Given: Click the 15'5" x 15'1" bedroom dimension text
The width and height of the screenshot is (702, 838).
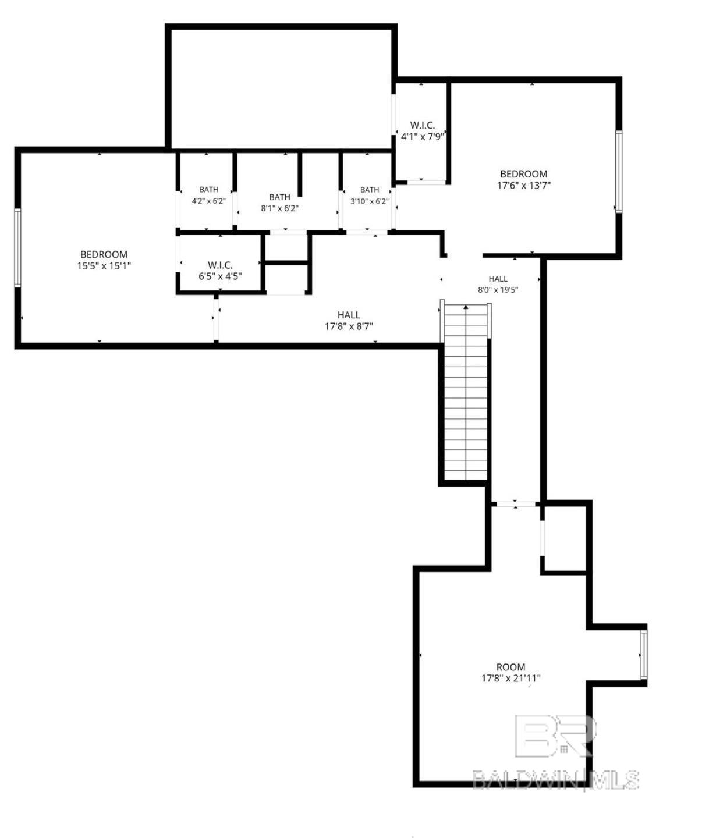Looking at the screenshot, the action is click(x=104, y=266).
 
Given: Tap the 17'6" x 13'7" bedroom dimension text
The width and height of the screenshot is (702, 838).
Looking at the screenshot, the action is click(x=523, y=186).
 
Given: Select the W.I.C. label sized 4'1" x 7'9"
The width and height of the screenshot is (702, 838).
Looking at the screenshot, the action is click(x=422, y=125).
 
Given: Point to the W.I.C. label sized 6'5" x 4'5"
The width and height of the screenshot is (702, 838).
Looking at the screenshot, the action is click(x=220, y=265).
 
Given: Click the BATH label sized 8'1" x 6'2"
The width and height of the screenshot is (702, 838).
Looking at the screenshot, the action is click(x=280, y=197).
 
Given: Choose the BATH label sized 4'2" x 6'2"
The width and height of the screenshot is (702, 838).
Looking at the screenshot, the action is click(x=209, y=190).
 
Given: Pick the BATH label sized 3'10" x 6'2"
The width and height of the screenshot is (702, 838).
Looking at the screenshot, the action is click(x=369, y=190).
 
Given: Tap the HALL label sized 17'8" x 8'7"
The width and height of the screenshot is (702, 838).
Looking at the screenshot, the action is click(x=349, y=315).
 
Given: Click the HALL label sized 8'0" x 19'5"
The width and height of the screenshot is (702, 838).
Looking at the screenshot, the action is click(x=498, y=279).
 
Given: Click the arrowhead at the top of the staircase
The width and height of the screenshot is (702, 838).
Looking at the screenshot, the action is click(x=466, y=307).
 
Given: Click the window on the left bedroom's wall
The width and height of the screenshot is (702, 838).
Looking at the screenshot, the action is click(x=17, y=248).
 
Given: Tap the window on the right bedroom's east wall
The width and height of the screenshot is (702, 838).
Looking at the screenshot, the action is click(x=619, y=171).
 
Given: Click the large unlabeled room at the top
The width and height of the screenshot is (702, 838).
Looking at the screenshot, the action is click(x=281, y=88).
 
